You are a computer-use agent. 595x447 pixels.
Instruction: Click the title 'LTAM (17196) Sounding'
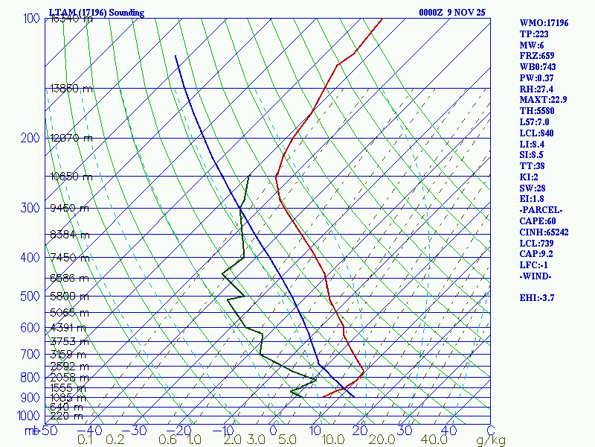coord(97,13)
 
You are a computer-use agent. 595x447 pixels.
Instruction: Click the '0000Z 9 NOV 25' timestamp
coord(452,13)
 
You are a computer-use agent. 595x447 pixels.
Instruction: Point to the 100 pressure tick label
coord(31,18)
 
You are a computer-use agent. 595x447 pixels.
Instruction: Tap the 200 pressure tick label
coord(31,138)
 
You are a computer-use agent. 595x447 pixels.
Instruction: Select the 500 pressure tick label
coord(31,297)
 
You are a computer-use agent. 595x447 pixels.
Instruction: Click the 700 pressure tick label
coord(31,354)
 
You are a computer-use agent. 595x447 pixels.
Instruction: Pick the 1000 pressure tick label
coord(28,415)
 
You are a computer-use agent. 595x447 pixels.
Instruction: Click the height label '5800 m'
coord(69,296)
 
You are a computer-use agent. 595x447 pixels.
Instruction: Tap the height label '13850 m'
coord(71,88)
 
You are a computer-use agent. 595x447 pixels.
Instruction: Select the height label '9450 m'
coord(69,208)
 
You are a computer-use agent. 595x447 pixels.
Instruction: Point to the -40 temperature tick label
coord(90,430)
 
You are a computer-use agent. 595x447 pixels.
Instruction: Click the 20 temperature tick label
coord(361,430)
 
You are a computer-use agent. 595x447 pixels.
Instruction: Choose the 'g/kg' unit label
coord(491,440)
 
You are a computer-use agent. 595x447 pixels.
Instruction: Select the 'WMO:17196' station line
coord(544,23)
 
